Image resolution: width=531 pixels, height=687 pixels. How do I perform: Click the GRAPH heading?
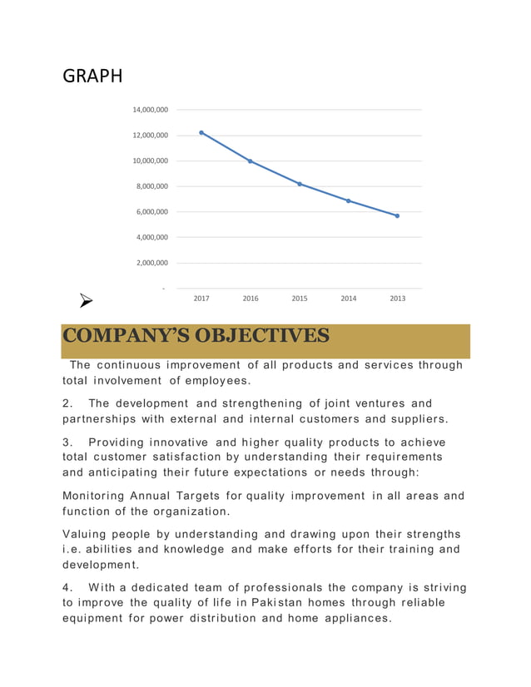coord(92,77)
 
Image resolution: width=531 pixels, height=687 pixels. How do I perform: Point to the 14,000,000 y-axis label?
coord(150,110)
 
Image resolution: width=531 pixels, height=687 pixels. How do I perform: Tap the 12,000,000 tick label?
coord(150,136)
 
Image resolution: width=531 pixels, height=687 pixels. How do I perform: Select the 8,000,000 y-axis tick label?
coord(151,186)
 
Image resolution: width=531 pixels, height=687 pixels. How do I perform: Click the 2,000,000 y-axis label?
coord(151,263)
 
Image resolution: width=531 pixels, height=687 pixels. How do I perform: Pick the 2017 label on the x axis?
coord(201,299)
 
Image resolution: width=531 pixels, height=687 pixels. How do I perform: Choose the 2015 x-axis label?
coord(299,299)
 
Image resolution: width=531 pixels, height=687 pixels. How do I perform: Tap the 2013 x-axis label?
coord(397,299)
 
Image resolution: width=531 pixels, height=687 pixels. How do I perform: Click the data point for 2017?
coord(201,132)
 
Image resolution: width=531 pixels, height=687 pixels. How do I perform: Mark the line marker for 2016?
coord(251,161)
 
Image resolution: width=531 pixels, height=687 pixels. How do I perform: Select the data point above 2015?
coord(300,184)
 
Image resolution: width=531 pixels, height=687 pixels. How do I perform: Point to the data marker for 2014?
coord(348,201)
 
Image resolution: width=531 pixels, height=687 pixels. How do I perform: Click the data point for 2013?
coord(397,215)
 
